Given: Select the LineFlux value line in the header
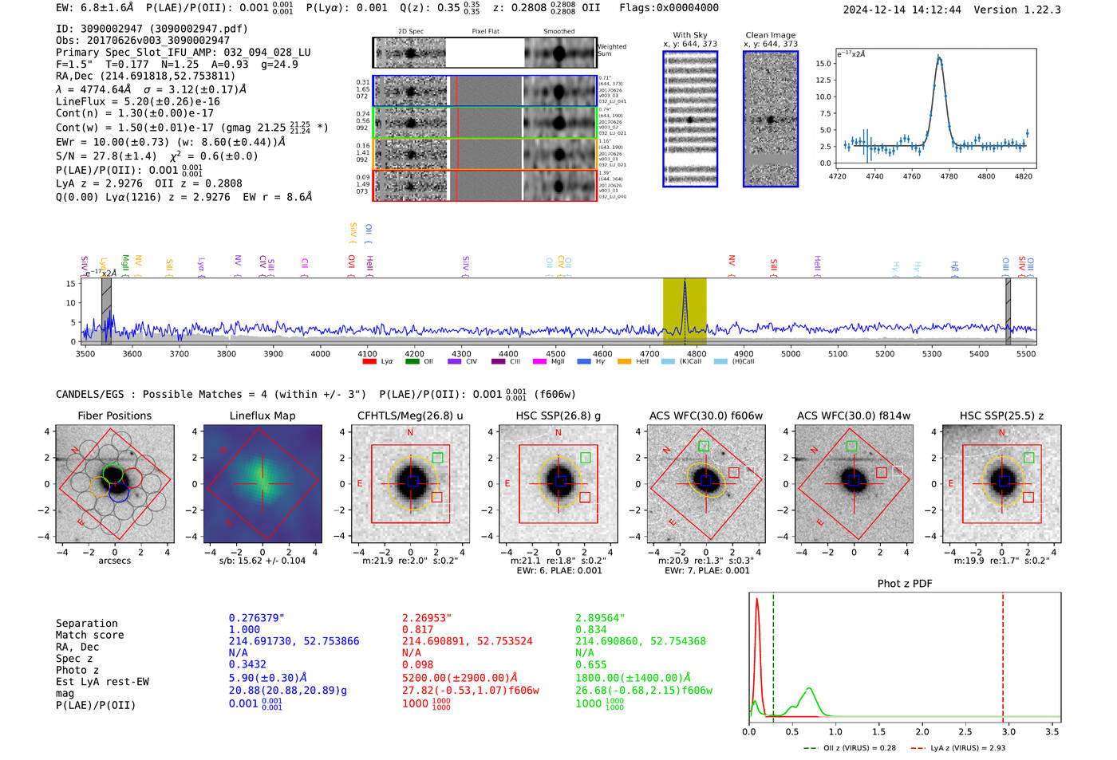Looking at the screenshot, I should tap(138, 101).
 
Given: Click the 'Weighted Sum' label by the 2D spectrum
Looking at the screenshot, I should tap(612, 50).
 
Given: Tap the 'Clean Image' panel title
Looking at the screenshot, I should tap(770, 35).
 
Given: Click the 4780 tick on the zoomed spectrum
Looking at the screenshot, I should tap(949, 176).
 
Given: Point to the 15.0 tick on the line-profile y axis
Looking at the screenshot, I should tap(824, 63).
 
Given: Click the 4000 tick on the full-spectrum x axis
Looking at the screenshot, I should tap(320, 354).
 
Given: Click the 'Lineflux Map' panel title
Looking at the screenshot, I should tap(262, 415).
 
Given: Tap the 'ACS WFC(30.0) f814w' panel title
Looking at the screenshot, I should tap(853, 415).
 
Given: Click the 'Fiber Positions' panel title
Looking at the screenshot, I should tap(114, 415).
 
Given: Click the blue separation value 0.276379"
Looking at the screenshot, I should tap(256, 618).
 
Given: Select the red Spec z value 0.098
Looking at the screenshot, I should tap(417, 664).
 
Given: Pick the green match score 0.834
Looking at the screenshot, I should tap(590, 630).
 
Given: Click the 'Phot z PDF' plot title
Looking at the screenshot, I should tap(904, 584).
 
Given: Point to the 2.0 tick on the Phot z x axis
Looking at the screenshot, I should tap(922, 731).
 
